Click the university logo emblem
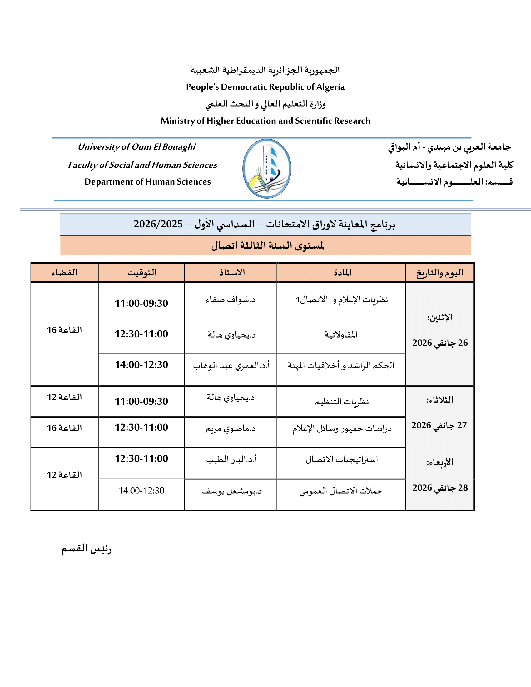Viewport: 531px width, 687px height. [x=267, y=169]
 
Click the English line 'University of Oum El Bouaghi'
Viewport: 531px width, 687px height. [x=136, y=147]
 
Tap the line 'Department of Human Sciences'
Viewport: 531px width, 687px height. [x=147, y=182]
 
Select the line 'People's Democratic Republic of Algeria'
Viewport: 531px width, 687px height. [x=265, y=87]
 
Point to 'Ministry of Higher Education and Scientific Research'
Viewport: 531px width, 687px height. [x=265, y=121]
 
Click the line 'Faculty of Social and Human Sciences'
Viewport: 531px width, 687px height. [x=142, y=165]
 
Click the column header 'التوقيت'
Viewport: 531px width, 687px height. [x=142, y=273]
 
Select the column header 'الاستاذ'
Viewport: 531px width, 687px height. [x=232, y=273]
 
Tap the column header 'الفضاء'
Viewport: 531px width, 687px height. [x=64, y=273]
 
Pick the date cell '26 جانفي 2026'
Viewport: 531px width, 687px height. [x=440, y=343]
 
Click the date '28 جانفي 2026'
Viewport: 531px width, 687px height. [x=440, y=488]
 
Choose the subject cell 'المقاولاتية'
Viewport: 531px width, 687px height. [x=341, y=335]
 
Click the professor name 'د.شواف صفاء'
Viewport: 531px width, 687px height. [x=231, y=300]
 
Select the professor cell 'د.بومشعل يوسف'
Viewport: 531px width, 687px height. [x=231, y=491]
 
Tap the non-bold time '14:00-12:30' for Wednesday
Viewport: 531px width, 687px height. [x=141, y=491]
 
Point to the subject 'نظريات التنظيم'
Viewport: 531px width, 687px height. [x=342, y=402]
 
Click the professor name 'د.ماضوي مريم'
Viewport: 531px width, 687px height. [x=231, y=429]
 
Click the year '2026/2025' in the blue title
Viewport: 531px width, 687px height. [x=158, y=224]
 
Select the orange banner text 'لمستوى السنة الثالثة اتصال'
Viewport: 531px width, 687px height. [x=267, y=246]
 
